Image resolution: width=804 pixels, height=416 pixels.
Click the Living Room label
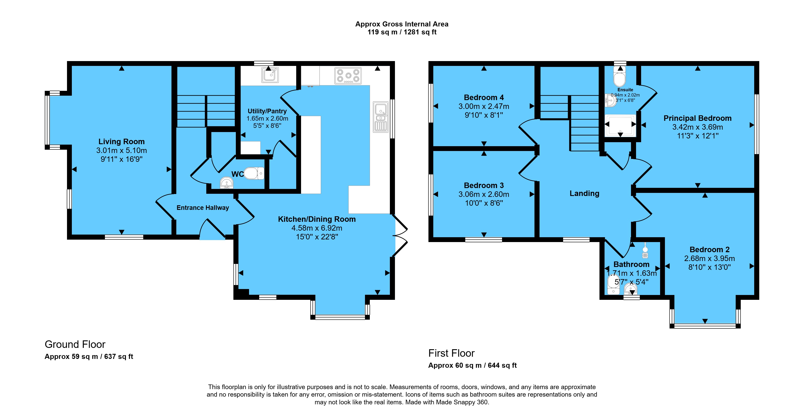[121, 142]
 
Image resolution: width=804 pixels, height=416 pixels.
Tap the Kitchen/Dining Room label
[317, 219]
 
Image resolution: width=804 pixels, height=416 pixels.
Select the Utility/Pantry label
[267, 111]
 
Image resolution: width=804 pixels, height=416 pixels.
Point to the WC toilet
[254, 173]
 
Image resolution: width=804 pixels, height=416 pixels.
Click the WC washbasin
[227, 183]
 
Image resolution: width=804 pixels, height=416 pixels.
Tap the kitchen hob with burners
[348, 76]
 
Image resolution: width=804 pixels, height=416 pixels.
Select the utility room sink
[270, 75]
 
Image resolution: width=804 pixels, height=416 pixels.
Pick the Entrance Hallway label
[203, 208]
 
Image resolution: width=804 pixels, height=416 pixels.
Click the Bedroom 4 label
[484, 97]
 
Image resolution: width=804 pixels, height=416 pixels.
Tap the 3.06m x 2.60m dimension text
[484, 194]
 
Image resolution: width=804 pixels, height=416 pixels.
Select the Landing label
[584, 194]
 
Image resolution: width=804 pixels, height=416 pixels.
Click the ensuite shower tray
[620, 126]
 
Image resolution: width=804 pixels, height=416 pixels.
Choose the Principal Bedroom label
[698, 118]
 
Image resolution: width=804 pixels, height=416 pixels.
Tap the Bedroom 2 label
[709, 250]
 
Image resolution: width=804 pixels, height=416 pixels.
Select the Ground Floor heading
[75, 344]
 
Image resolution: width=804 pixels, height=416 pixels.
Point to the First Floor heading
[451, 353]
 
